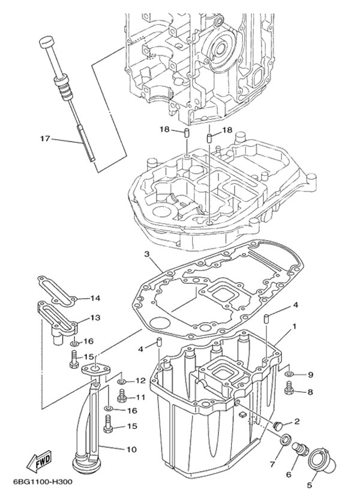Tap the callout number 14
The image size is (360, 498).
point(95,298)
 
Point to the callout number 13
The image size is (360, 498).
point(95,317)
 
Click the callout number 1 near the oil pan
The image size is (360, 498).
point(294,328)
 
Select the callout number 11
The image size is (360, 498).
point(140,397)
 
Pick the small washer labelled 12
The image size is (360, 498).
point(121,381)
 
